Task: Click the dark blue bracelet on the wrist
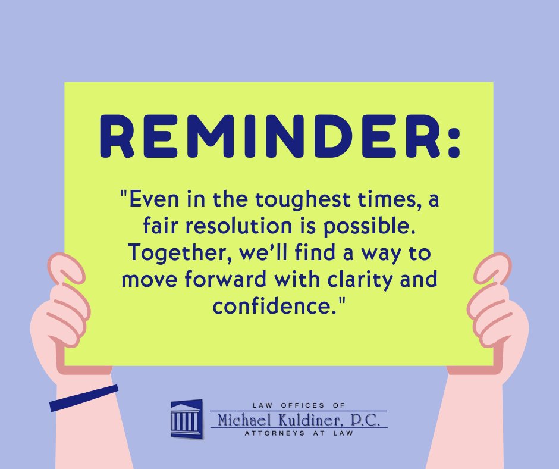coord(83,398)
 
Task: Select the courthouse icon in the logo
coord(186,418)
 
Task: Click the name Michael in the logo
coord(244,420)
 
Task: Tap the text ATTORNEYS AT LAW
coord(299,433)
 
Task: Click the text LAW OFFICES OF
coord(299,405)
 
